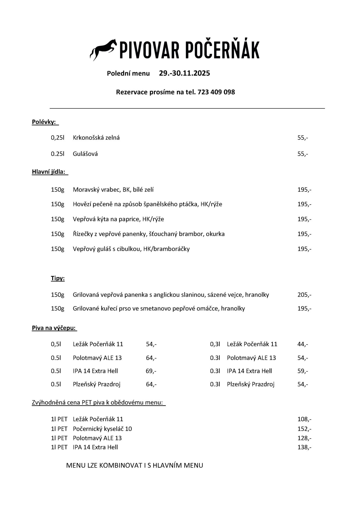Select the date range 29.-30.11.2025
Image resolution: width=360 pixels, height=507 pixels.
tap(184, 73)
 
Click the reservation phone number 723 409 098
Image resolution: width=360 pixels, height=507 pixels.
tap(216, 92)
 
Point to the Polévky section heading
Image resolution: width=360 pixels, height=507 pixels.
tap(44, 122)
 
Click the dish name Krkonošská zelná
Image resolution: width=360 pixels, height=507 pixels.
tap(96, 138)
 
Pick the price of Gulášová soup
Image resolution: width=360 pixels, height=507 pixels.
tap(302, 154)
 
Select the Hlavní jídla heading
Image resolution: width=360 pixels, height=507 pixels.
tap(49, 172)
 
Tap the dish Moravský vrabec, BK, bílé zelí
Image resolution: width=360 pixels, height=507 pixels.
tap(113, 190)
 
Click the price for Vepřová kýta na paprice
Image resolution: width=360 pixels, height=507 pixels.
tap(304, 219)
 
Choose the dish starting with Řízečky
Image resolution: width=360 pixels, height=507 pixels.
tap(149, 234)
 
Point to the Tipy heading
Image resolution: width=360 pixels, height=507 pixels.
tap(58, 278)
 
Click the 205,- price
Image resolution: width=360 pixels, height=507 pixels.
tap(304, 295)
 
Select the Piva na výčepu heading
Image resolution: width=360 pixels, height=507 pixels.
tap(54, 328)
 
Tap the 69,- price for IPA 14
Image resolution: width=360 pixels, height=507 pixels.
tap(151, 371)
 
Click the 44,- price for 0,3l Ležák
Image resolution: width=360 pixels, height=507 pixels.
tap(302, 344)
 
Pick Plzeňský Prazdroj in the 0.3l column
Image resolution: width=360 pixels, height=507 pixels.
tap(251, 384)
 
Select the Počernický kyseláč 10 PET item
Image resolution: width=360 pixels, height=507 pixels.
tap(102, 429)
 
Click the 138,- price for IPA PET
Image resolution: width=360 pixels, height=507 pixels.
tap(304, 447)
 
